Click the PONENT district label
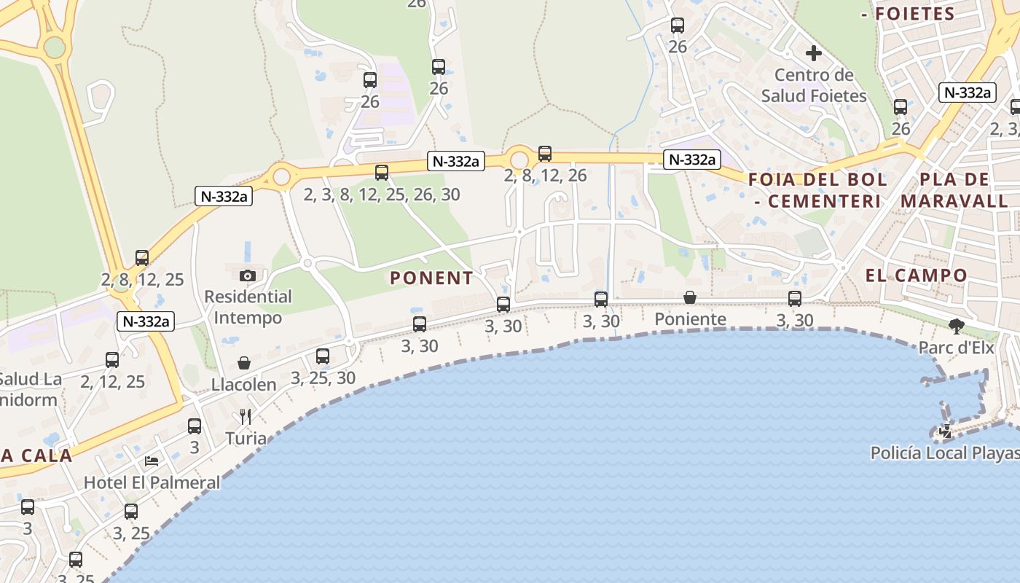pyautogui.click(x=431, y=278)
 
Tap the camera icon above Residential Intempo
pyautogui.click(x=248, y=275)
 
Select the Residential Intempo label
pyautogui.click(x=248, y=308)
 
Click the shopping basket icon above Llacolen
pyautogui.click(x=244, y=363)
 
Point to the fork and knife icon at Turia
pyautogui.click(x=246, y=417)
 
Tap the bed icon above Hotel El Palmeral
pyautogui.click(x=152, y=461)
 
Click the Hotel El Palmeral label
pyautogui.click(x=152, y=482)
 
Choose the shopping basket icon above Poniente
pyautogui.click(x=690, y=297)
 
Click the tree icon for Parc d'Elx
pyautogui.click(x=956, y=326)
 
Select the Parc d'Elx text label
pyautogui.click(x=956, y=348)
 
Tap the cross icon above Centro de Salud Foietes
pyautogui.click(x=814, y=53)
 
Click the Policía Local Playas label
pyautogui.click(x=945, y=453)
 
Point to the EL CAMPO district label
pyautogui.click(x=917, y=275)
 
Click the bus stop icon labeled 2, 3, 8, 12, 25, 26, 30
pyautogui.click(x=382, y=173)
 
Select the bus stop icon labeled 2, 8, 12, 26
pyautogui.click(x=545, y=154)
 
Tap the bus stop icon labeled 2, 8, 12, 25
pyautogui.click(x=142, y=258)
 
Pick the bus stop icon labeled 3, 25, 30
pyautogui.click(x=323, y=356)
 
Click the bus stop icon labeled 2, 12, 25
pyautogui.click(x=112, y=360)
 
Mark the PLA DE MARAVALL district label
pyautogui.click(x=954, y=189)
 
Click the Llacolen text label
pyautogui.click(x=244, y=385)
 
